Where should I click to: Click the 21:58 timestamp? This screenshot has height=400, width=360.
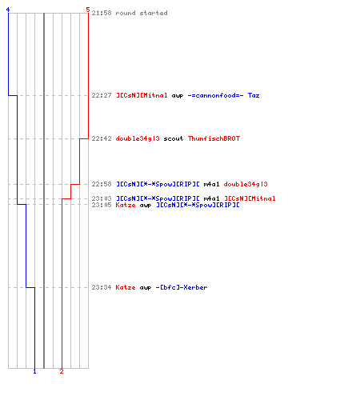tap(102, 13)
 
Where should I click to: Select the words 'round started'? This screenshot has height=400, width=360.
tap(142, 13)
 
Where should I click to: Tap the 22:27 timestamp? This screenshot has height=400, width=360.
tap(102, 95)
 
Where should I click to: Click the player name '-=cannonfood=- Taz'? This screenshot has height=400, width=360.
tap(223, 95)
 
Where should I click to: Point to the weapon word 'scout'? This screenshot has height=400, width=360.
tap(174, 138)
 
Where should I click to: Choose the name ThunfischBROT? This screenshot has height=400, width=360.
tap(214, 138)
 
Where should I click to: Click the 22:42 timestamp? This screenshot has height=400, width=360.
tap(102, 138)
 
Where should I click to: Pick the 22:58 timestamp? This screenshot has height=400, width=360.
tap(102, 184)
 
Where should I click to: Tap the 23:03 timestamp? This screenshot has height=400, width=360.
tap(102, 198)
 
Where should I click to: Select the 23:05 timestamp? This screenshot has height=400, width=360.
tap(102, 205)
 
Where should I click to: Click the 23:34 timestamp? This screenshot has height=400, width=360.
tap(102, 287)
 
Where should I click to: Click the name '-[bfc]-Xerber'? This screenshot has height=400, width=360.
tap(182, 287)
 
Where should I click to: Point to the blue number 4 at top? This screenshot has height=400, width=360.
tap(8, 10)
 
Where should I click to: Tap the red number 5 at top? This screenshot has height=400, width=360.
tap(88, 10)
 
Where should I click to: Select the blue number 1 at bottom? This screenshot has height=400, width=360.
tap(34, 371)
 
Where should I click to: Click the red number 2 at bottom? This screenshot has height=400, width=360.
tap(62, 371)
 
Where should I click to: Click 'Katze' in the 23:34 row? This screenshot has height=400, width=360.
tap(126, 287)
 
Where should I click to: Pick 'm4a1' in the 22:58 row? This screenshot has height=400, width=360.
tap(211, 184)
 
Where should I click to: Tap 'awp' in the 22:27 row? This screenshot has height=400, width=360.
tap(178, 96)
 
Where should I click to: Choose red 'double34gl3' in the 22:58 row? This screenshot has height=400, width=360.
tap(246, 184)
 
